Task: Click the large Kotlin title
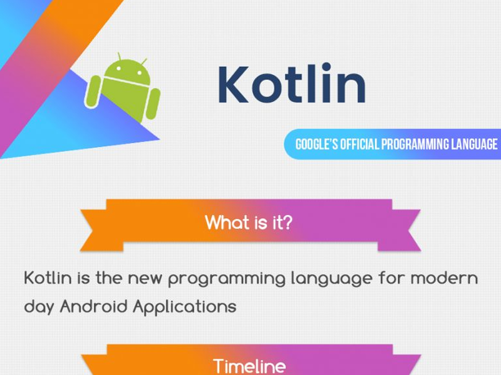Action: point(292,84)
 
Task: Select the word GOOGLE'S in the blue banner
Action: point(316,144)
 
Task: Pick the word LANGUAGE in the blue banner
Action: point(474,144)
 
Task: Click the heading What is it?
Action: point(249,222)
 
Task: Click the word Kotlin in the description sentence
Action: point(48,277)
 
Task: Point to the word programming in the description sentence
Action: point(238,279)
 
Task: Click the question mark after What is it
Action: point(286,222)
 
